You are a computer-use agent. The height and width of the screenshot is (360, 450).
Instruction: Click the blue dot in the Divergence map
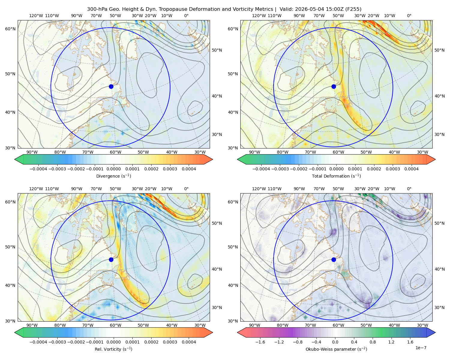pos(111,86)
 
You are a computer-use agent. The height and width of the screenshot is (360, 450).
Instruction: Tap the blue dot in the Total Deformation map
pos(334,86)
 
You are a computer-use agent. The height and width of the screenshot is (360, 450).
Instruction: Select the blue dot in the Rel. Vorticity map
pos(111,259)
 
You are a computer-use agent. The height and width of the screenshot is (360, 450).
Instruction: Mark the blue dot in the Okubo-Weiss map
pos(334,259)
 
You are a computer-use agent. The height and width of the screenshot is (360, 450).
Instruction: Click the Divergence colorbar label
pos(113,176)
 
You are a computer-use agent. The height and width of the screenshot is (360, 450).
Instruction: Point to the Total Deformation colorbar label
pos(336,176)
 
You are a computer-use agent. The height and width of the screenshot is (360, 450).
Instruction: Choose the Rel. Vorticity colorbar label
pos(113,349)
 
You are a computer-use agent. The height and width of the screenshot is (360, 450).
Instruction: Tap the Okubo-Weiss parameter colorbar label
pos(336,349)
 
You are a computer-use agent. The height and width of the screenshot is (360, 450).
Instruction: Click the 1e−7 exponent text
pos(421,348)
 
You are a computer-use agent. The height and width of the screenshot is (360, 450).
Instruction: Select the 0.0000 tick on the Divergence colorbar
pos(113,169)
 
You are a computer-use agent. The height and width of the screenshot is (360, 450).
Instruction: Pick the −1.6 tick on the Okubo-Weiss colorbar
pos(260,342)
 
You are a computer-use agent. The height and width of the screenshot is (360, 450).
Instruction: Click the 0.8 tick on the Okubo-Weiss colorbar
pos(373,342)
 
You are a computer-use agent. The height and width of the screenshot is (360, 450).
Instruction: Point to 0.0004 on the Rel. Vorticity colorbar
pos(189,342)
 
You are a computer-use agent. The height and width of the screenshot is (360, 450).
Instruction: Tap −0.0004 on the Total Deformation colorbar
pos(261,169)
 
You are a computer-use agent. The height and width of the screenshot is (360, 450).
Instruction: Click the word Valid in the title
pos(285,9)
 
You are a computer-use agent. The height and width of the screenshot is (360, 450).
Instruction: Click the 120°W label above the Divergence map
pos(36,16)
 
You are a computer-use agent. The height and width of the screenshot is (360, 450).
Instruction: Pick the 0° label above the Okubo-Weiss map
pos(409,189)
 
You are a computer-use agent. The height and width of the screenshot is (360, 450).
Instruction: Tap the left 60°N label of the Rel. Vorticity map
pos(10,202)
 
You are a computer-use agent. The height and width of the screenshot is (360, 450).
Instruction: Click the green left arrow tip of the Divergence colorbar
pos(15,159)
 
